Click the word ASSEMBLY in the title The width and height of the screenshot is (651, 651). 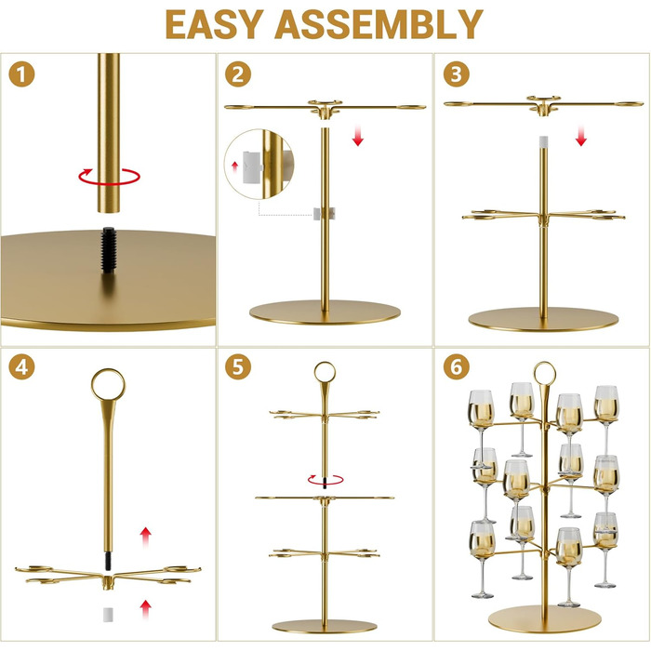[x=379, y=24]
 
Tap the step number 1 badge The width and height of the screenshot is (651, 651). [x=21, y=74]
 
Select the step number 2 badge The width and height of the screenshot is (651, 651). [x=238, y=74]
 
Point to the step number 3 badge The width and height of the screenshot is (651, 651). [x=456, y=74]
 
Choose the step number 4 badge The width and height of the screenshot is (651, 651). [x=21, y=367]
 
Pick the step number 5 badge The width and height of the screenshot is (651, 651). [x=238, y=367]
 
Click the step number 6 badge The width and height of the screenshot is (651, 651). [x=456, y=367]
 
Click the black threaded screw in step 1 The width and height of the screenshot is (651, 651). [x=109, y=250]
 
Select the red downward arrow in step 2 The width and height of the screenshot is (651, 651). [x=358, y=136]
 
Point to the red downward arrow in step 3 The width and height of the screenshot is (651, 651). [x=581, y=136]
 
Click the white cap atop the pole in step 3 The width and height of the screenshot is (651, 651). [x=543, y=141]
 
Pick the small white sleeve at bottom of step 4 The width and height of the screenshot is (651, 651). [x=108, y=615]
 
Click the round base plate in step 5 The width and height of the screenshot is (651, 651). [x=325, y=626]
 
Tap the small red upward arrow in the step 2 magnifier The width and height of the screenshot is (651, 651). [x=235, y=166]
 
